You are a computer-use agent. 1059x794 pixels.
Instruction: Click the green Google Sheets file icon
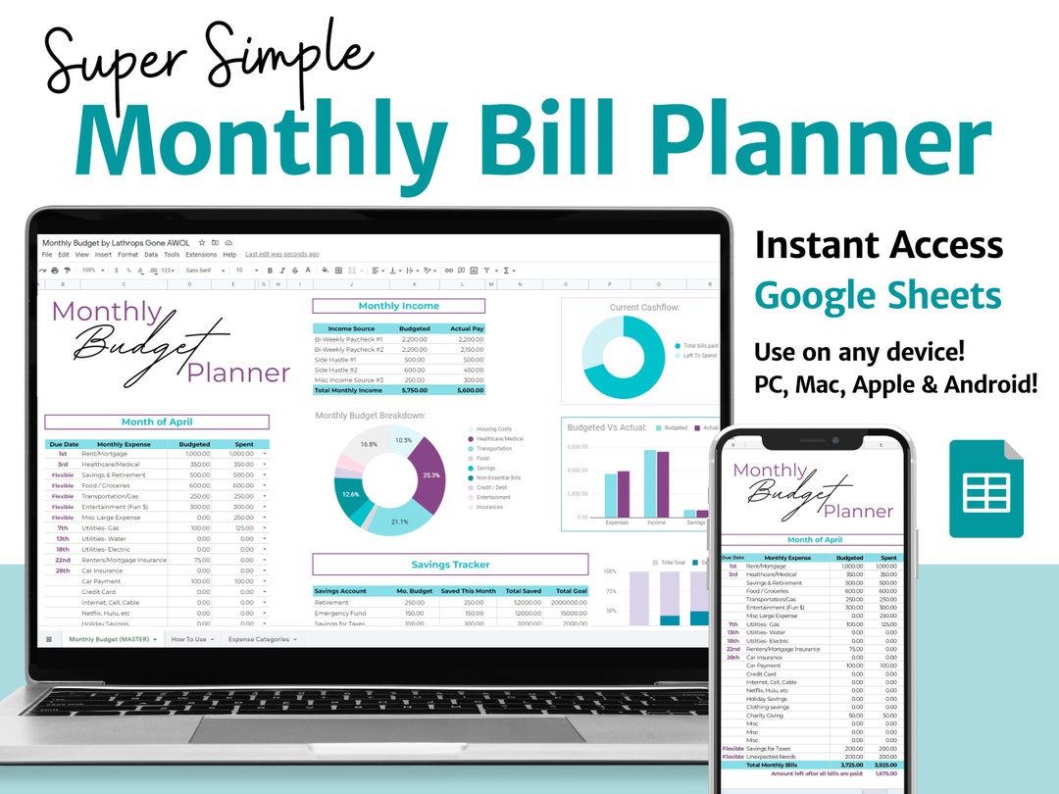point(985,488)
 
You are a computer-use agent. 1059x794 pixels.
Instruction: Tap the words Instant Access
point(879,244)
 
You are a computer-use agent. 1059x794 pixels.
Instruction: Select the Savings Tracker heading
point(450,565)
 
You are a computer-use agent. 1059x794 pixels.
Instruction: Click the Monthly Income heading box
point(398,306)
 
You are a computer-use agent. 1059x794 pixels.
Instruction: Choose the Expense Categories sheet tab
point(261,639)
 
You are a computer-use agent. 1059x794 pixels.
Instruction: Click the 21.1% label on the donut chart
point(399,521)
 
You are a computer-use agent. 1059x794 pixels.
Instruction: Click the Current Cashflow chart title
point(644,307)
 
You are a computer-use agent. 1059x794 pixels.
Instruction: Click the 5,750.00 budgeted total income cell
point(414,390)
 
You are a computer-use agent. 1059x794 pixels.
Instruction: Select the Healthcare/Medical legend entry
point(499,439)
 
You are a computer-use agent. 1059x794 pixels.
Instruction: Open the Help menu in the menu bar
point(229,254)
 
